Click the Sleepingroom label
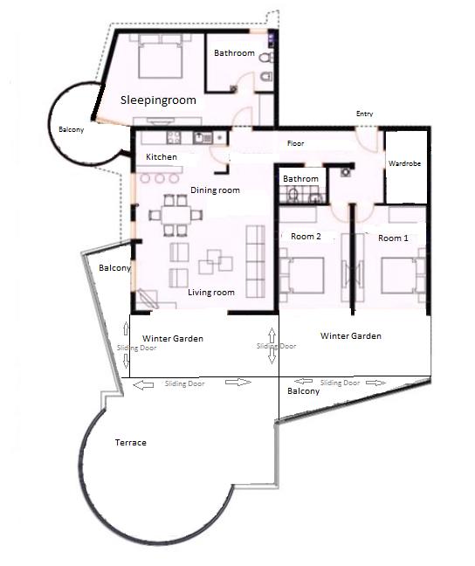pyautogui.click(x=158, y=100)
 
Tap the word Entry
pyautogui.click(x=364, y=114)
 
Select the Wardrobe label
pyautogui.click(x=406, y=163)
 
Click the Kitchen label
pyautogui.click(x=162, y=157)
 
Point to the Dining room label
pyautogui.click(x=215, y=190)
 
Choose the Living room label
pyautogui.click(x=211, y=293)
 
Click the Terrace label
pyautogui.click(x=131, y=443)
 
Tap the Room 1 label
pyautogui.click(x=393, y=238)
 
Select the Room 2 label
pyautogui.click(x=306, y=237)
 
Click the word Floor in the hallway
pyautogui.click(x=296, y=143)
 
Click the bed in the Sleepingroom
pyautogui.click(x=158, y=59)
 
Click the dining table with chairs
pyautogui.click(x=171, y=215)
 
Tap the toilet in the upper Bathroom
pyautogui.click(x=265, y=81)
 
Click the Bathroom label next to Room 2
pyautogui.click(x=301, y=179)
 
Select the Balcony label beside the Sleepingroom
pyautogui.click(x=72, y=130)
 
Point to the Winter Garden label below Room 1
pyautogui.click(x=351, y=335)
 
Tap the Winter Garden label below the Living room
pyautogui.click(x=173, y=338)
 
